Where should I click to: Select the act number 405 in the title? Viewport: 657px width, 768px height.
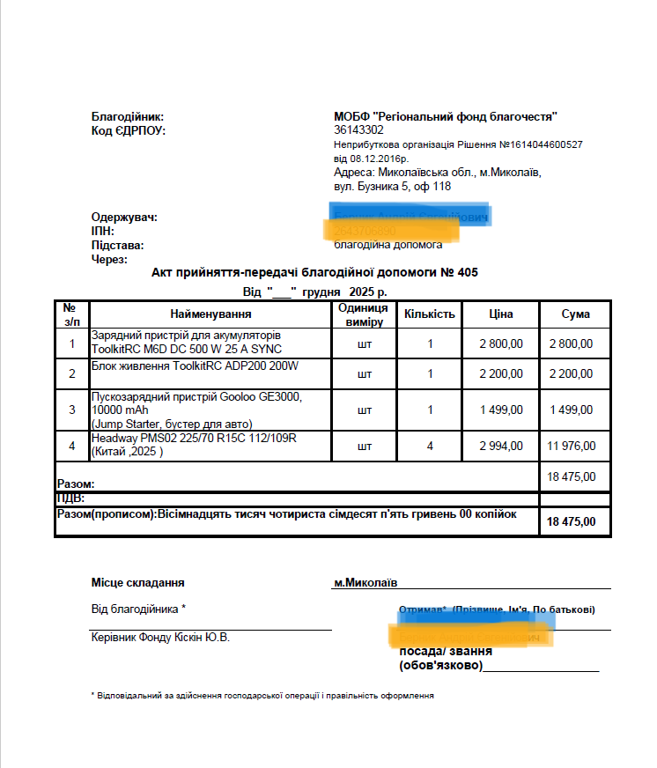click(467, 273)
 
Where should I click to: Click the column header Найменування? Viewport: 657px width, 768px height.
click(211, 314)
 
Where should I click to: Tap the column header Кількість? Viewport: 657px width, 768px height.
click(430, 314)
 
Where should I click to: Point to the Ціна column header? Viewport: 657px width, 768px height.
click(501, 314)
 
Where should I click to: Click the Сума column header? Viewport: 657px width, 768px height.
click(576, 314)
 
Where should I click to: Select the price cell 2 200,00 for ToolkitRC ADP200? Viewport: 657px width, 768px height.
click(501, 373)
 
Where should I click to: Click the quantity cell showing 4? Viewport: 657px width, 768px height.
click(430, 447)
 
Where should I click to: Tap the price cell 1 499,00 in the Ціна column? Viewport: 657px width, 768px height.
click(501, 410)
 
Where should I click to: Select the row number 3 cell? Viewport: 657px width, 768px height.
click(72, 410)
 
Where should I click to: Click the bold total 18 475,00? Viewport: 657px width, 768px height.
click(572, 521)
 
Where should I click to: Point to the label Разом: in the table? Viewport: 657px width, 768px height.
click(76, 484)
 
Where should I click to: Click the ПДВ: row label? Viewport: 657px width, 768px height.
click(71, 498)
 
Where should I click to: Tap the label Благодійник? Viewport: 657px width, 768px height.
click(128, 117)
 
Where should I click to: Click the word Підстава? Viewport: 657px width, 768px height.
click(117, 245)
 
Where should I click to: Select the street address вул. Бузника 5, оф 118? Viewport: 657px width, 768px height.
click(393, 187)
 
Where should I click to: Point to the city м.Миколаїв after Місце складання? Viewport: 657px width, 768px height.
click(365, 583)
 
